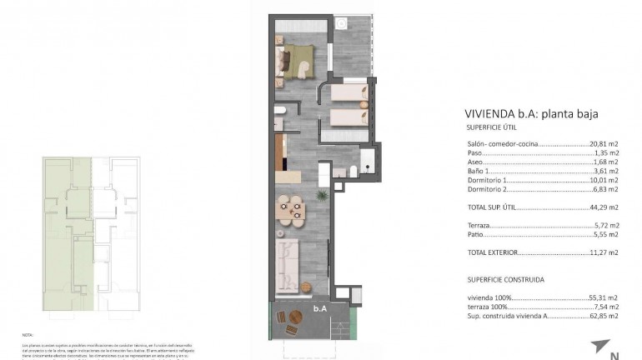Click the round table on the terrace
(297, 320)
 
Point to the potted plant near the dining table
(321, 195)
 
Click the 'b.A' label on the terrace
(319, 308)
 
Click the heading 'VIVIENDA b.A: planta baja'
(531, 114)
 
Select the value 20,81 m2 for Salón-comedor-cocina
(604, 144)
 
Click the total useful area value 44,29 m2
(604, 207)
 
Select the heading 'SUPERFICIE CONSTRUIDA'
(505, 280)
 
